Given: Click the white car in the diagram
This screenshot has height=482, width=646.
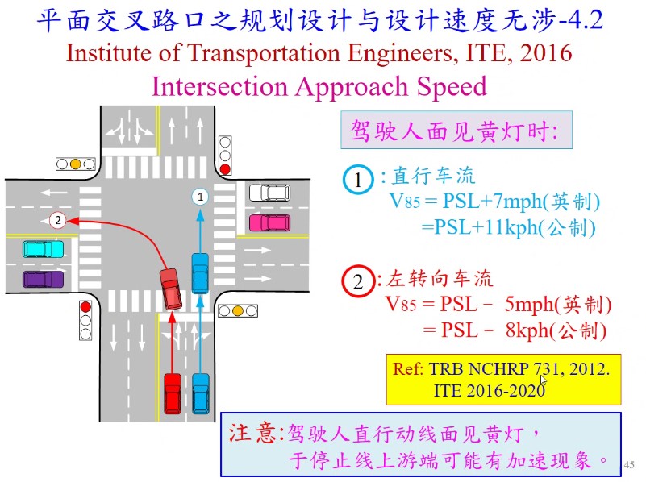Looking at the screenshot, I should coord(269,193).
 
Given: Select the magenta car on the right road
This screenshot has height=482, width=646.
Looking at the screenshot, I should coord(269,221).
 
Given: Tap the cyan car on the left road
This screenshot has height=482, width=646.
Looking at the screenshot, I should coord(43,249).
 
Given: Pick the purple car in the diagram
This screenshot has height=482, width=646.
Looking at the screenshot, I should coord(43,279).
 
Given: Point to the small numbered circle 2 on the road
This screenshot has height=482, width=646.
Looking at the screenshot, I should coord(56,219).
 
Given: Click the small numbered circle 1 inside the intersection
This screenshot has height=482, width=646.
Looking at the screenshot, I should coord(200,195).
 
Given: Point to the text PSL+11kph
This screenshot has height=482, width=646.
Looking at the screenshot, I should coord(481,227).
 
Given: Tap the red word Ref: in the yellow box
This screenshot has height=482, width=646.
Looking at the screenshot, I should coord(407,370).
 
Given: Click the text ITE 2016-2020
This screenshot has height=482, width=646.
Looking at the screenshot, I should coord(489,390).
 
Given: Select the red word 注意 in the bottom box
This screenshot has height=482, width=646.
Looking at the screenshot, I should coord(250,432).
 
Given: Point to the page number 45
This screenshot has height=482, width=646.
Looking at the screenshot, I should coord(630,465).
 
